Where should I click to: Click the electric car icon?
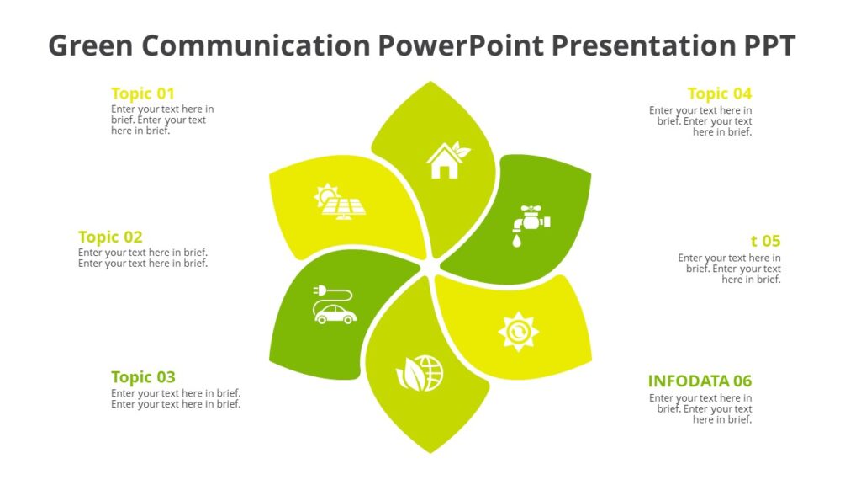[335, 313]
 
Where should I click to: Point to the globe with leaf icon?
[419, 373]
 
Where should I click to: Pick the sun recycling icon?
[517, 331]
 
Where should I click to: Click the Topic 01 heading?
[143, 93]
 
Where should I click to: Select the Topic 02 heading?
[110, 237]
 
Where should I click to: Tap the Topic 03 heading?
[143, 376]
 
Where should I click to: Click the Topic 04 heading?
[719, 93]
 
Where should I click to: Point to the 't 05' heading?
[765, 241]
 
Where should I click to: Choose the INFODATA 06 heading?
[700, 381]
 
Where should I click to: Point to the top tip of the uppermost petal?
[431, 83]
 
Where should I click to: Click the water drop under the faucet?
[515, 241]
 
